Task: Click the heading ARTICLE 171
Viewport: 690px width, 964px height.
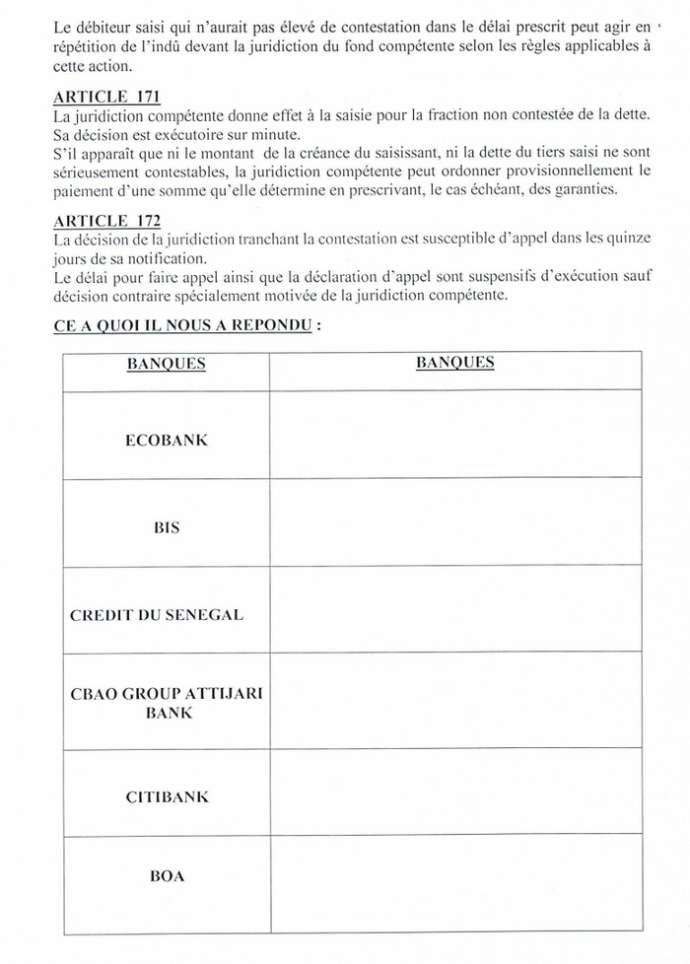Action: point(106,97)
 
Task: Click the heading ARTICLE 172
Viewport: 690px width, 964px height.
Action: point(106,222)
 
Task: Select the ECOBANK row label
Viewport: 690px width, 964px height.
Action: point(167,441)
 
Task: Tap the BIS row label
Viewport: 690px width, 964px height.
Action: point(167,527)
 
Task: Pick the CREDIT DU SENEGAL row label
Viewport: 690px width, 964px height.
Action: point(157,615)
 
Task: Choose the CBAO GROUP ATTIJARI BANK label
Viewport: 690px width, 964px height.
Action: point(167,703)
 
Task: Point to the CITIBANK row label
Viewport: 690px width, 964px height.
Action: point(167,796)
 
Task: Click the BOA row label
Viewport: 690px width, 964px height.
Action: point(167,875)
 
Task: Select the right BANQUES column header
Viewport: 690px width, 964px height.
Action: point(454,363)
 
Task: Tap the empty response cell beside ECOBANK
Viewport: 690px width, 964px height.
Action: point(455,435)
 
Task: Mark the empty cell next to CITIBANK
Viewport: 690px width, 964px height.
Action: point(455,792)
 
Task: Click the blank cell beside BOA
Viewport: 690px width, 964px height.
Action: point(455,883)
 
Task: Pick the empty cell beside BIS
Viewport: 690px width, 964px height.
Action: point(455,522)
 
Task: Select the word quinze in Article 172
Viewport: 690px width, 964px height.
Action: point(628,241)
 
